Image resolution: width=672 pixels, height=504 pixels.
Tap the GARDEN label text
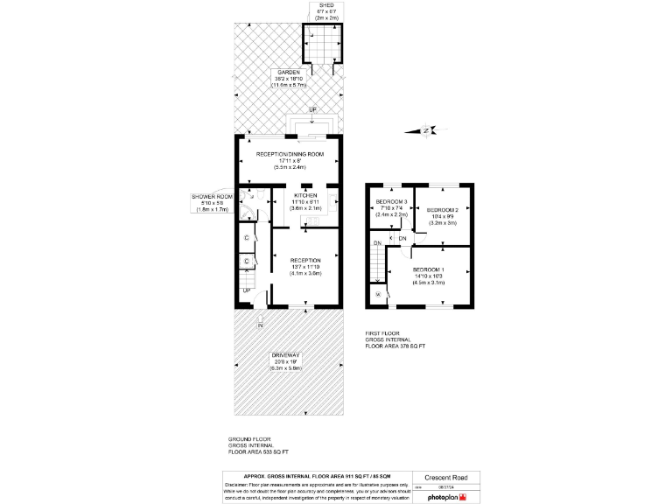(x=289, y=72)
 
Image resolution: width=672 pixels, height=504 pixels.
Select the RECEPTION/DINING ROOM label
(x=290, y=154)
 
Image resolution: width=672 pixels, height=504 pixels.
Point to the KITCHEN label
(x=306, y=195)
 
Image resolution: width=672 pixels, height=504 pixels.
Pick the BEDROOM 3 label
(x=391, y=202)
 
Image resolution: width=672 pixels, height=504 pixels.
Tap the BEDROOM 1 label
(x=429, y=269)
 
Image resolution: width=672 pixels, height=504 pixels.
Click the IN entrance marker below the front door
(x=260, y=326)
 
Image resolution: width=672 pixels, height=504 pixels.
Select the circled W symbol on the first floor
(x=378, y=295)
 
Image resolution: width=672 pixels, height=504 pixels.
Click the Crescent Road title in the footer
(x=445, y=479)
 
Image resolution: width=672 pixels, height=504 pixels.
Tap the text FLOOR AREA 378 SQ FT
(x=396, y=347)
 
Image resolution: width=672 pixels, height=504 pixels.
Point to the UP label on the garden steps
(x=313, y=109)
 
